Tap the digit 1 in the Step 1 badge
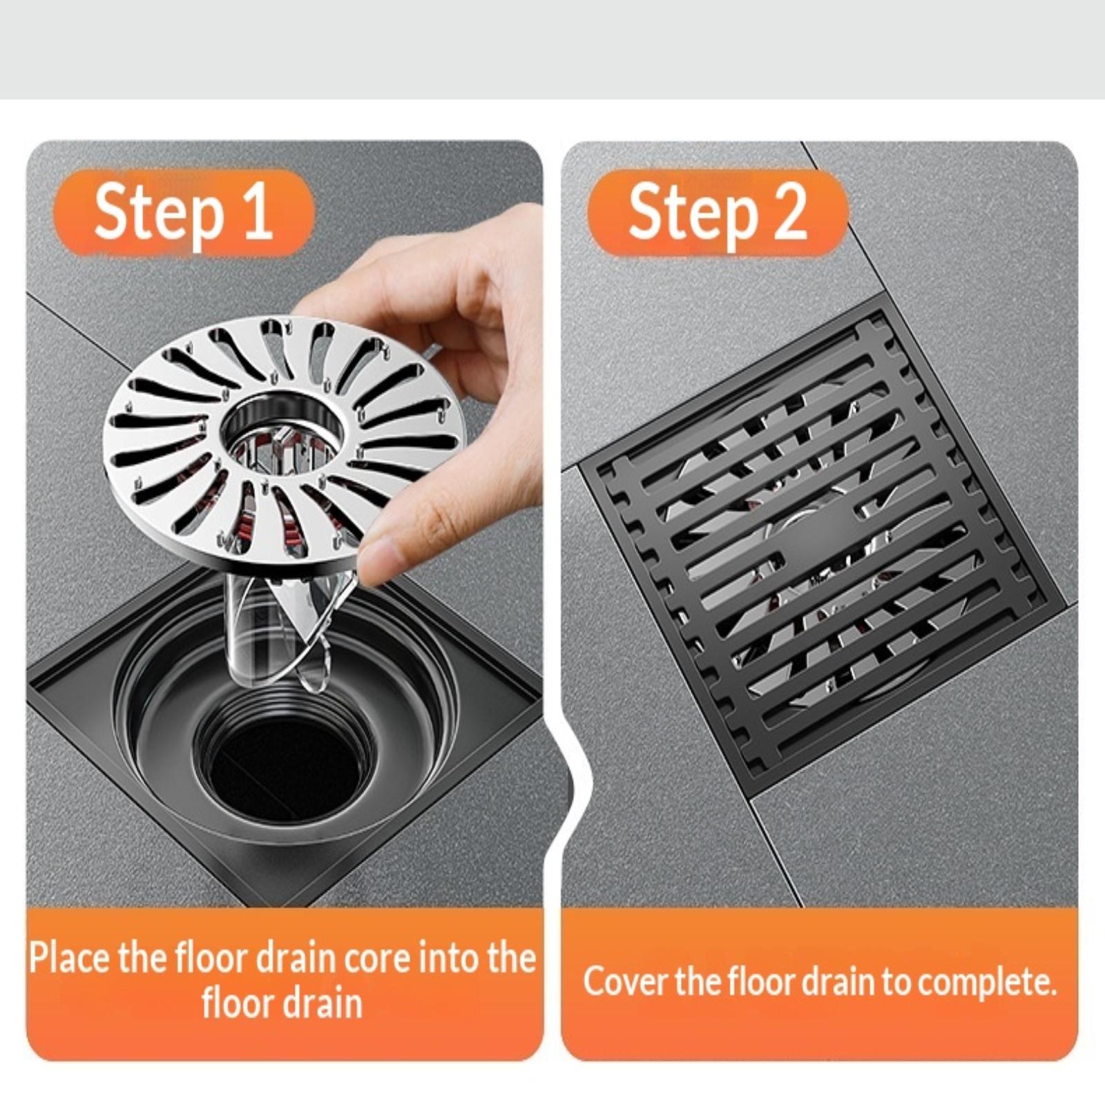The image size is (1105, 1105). coord(257,211)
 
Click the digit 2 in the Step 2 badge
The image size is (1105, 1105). coord(789,211)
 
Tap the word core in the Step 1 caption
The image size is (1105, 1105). coord(378,959)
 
